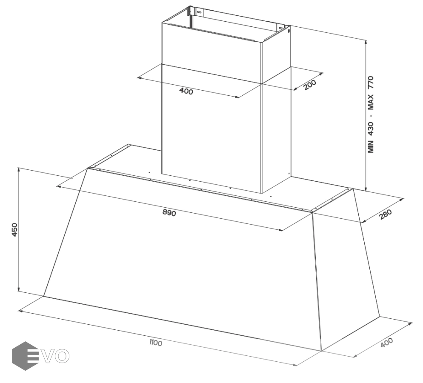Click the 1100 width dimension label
[156, 343]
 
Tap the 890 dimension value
[169, 213]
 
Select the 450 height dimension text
[15, 230]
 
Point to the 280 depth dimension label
[385, 214]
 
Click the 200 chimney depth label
[310, 85]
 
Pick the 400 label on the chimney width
[186, 91]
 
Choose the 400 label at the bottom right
[386, 343]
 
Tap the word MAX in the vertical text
[371, 102]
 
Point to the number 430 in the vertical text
[371, 129]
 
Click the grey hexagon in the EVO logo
[25, 356]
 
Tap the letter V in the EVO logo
[49, 356]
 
